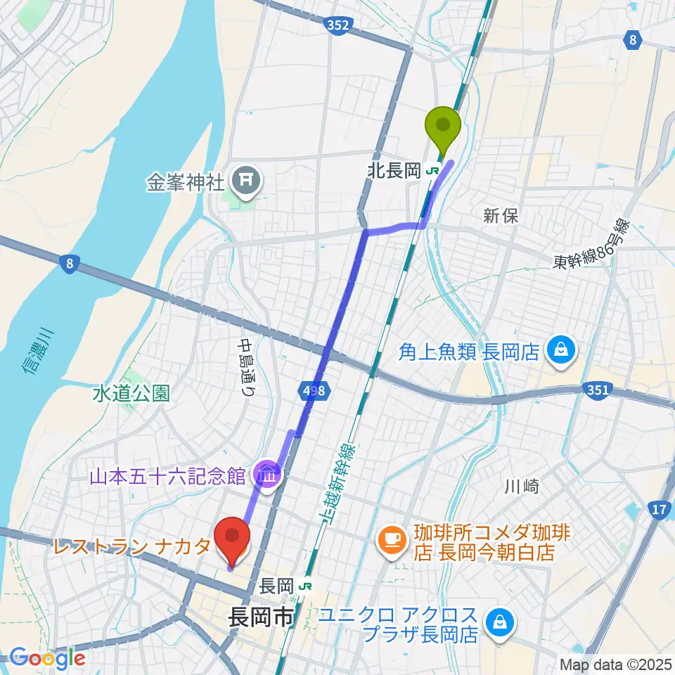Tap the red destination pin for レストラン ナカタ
point(232,538)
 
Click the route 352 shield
point(338,25)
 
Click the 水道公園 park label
point(131,394)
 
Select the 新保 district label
point(501,216)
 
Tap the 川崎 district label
point(521,486)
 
